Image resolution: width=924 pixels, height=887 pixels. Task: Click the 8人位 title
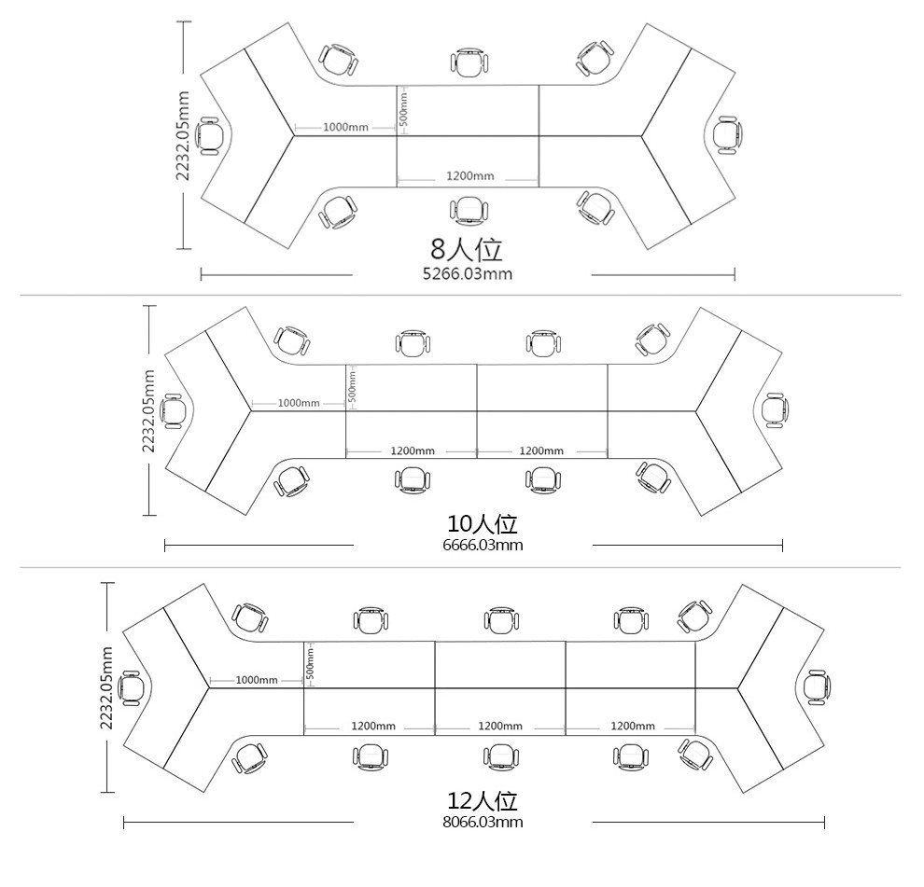tap(466, 249)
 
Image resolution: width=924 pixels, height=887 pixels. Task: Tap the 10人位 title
tap(483, 523)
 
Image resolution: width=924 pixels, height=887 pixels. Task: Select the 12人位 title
tap(483, 801)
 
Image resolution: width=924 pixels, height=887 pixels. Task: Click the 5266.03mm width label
tap(468, 274)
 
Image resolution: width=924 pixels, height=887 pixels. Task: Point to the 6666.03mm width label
tap(483, 545)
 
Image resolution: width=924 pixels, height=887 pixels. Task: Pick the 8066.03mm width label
tap(483, 822)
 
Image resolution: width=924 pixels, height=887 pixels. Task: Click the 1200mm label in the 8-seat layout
tap(469, 175)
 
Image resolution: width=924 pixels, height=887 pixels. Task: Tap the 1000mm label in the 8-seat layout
tap(345, 127)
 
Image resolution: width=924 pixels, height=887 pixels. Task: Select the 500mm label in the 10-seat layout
tap(352, 386)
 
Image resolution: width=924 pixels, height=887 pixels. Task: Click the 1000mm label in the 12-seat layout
tap(257, 680)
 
